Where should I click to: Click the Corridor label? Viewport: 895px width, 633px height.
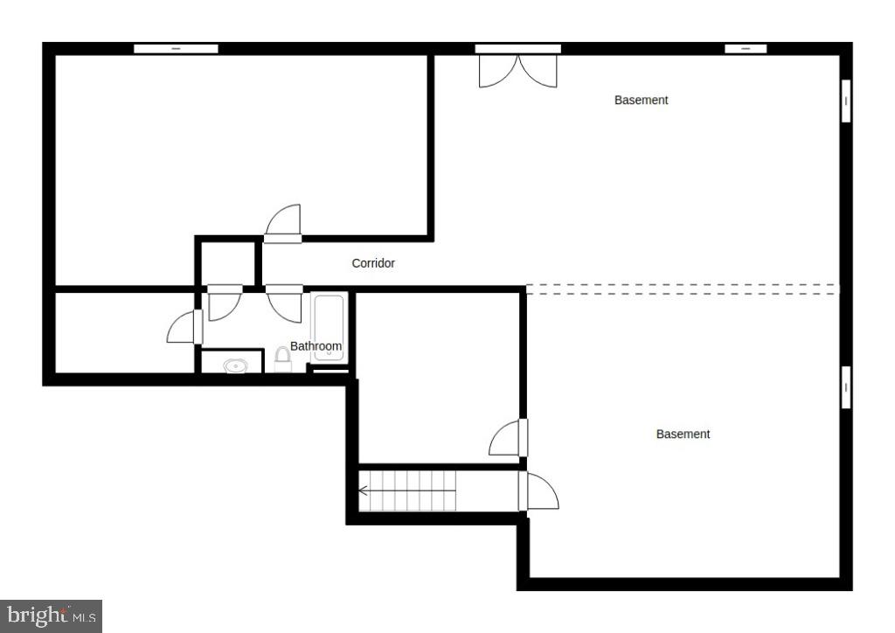(373, 263)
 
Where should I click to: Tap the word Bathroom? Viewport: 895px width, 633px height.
(316, 346)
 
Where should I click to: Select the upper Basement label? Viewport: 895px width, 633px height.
(641, 101)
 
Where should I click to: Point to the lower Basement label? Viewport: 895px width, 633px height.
(683, 434)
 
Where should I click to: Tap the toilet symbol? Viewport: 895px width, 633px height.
(282, 358)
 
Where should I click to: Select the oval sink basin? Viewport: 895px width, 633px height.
(235, 365)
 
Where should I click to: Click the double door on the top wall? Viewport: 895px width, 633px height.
(517, 68)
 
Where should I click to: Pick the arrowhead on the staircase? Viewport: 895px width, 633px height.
(363, 490)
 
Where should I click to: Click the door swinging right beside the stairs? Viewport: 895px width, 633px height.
(538, 491)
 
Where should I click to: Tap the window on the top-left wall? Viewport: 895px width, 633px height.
(176, 49)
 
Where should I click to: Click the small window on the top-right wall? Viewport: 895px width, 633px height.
(746, 49)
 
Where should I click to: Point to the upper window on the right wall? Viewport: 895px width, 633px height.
(845, 101)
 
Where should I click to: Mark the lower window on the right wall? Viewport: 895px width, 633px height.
(845, 386)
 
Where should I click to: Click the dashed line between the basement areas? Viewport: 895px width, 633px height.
(682, 289)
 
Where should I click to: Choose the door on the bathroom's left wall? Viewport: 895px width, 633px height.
(187, 327)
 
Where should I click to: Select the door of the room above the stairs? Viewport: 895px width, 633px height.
(508, 438)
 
